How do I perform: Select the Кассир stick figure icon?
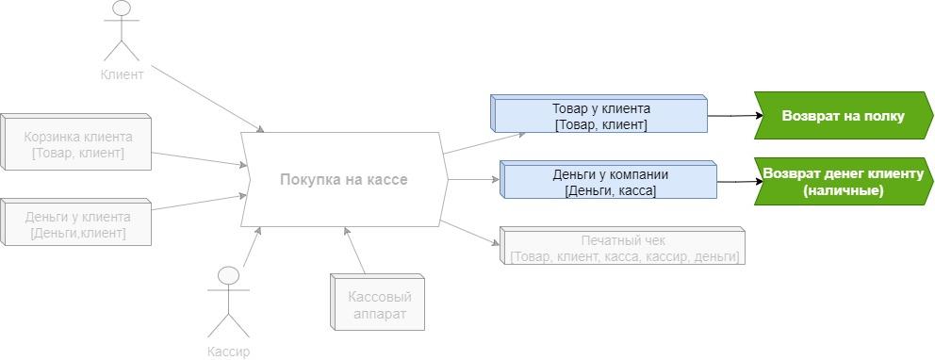click(x=229, y=302)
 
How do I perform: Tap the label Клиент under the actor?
click(x=122, y=74)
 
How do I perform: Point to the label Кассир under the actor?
click(x=229, y=351)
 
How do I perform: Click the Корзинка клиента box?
click(x=77, y=144)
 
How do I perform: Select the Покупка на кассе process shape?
click(x=343, y=179)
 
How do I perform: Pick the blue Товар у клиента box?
click(x=601, y=116)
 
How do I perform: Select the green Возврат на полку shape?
click(x=843, y=116)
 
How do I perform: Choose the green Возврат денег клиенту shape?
click(x=843, y=181)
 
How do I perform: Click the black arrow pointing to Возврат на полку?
click(x=731, y=116)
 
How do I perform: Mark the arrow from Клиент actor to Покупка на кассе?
click(x=207, y=98)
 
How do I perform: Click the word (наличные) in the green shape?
click(x=843, y=190)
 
